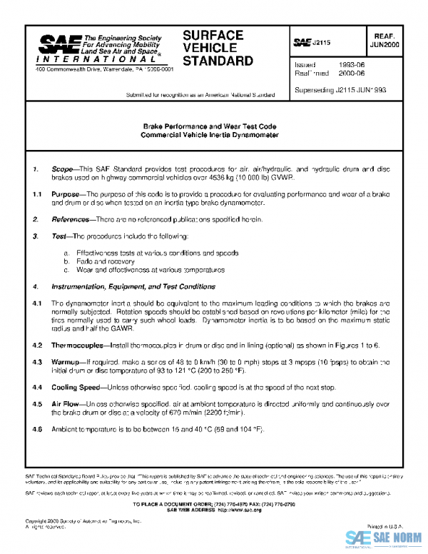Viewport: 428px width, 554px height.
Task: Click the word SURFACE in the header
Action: [x=213, y=35]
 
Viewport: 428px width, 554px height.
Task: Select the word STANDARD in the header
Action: [x=218, y=61]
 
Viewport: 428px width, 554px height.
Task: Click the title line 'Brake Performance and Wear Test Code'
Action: [x=209, y=126]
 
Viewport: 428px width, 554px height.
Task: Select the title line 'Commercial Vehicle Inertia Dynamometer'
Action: [x=209, y=134]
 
